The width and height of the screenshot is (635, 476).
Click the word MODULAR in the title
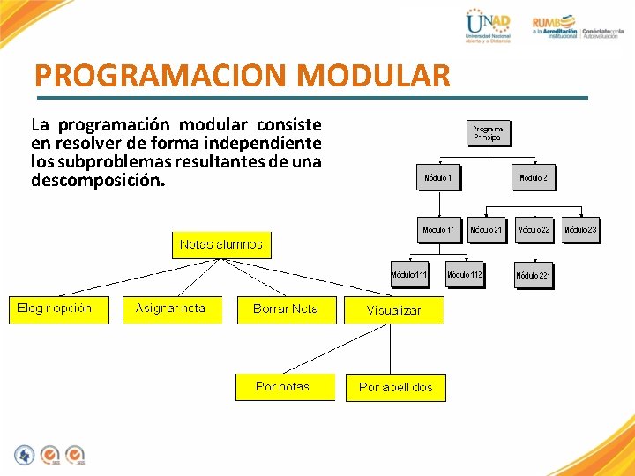pyautogui.click(x=374, y=76)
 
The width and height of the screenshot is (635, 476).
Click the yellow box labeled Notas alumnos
pyautogui.click(x=220, y=244)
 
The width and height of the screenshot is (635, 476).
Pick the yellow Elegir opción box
pyautogui.click(x=58, y=309)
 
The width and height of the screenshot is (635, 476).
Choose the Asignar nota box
pyautogui.click(x=171, y=309)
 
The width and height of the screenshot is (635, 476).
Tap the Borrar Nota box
pyautogui.click(x=286, y=309)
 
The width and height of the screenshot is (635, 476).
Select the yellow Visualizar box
pyautogui.click(x=393, y=310)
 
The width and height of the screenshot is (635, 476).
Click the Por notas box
pyautogui.click(x=284, y=387)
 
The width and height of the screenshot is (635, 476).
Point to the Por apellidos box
pyautogui.click(x=395, y=388)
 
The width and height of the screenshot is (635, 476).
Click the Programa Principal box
pyautogui.click(x=489, y=132)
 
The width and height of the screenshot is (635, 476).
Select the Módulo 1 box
pyautogui.click(x=438, y=178)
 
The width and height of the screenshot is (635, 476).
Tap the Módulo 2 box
pyautogui.click(x=534, y=178)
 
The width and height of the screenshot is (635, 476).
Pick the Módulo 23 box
pyautogui.click(x=580, y=230)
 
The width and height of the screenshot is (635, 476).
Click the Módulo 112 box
pyautogui.click(x=465, y=275)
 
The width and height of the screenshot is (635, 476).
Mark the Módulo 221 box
pyautogui.click(x=534, y=276)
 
